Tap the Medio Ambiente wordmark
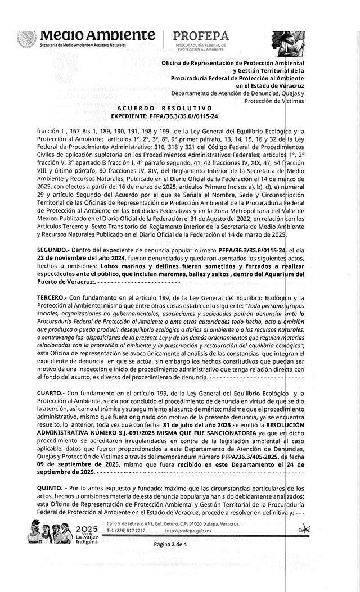pos(97,35)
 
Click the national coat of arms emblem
pos(26,39)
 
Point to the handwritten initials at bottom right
pos(304,529)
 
